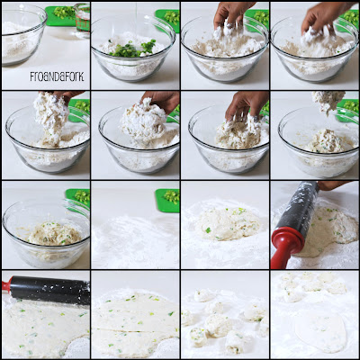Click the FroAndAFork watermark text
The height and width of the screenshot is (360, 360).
pyautogui.click(x=57, y=76)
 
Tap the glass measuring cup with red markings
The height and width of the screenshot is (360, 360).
pyautogui.click(x=82, y=20)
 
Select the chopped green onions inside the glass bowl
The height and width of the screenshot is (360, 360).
pyautogui.click(x=133, y=49)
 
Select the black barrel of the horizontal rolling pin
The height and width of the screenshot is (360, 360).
pyautogui.click(x=50, y=290)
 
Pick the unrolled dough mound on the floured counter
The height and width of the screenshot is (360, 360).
pyautogui.click(x=227, y=223)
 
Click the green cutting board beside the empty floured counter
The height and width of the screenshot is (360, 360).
pyautogui.click(x=167, y=201)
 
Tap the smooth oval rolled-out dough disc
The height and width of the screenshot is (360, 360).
pyautogui.click(x=320, y=330)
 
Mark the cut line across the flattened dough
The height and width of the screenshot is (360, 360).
pyautogui.click(x=134, y=329)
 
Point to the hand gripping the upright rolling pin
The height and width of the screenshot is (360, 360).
pyautogui.click(x=332, y=184)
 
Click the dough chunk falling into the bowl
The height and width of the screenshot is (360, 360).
pyautogui.click(x=328, y=101)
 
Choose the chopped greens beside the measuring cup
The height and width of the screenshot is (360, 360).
pyautogui.click(x=64, y=13)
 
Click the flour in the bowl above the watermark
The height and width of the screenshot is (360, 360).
pyautogui.click(x=18, y=42)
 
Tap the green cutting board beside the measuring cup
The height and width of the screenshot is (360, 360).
pyautogui.click(x=60, y=16)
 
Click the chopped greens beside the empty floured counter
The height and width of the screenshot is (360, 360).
pyautogui.click(x=172, y=197)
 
